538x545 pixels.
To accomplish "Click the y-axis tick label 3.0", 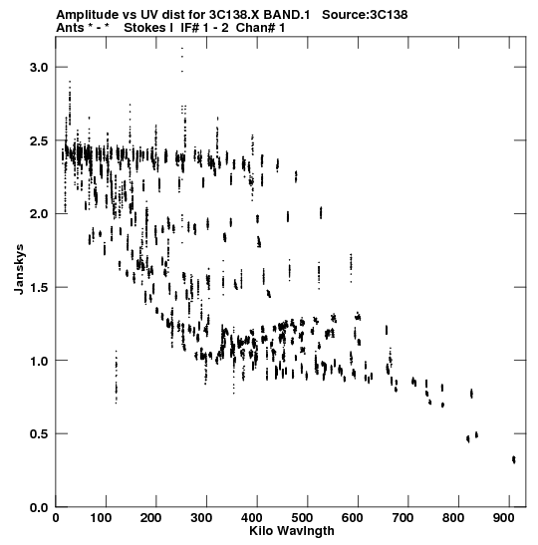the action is pyautogui.click(x=39, y=67).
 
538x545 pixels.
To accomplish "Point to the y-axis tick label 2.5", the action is pyautogui.click(x=39, y=140).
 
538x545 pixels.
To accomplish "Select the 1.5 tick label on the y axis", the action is pyautogui.click(x=39, y=288).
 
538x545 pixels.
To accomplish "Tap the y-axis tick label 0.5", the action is pyautogui.click(x=39, y=434).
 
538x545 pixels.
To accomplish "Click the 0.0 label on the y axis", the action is pyautogui.click(x=39, y=507).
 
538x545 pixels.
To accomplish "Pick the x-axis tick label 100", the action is pyautogui.click(x=101, y=518).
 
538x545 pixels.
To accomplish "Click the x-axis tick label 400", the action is pyautogui.click(x=252, y=518).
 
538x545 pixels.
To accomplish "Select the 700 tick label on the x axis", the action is pyautogui.click(x=403, y=518).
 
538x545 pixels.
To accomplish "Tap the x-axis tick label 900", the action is pyautogui.click(x=503, y=518).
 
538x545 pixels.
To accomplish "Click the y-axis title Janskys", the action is pyautogui.click(x=19, y=269).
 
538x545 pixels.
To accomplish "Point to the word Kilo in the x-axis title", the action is pyautogui.click(x=260, y=531).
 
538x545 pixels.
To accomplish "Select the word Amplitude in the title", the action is pyautogui.click(x=88, y=15).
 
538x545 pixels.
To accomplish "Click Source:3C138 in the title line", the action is pyautogui.click(x=365, y=15).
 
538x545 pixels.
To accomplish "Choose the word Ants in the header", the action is pyautogui.click(x=70, y=28).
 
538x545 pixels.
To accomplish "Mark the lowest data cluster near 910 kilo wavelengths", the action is pyautogui.click(x=514, y=459).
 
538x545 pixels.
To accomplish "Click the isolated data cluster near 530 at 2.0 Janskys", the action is pyautogui.click(x=321, y=212).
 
